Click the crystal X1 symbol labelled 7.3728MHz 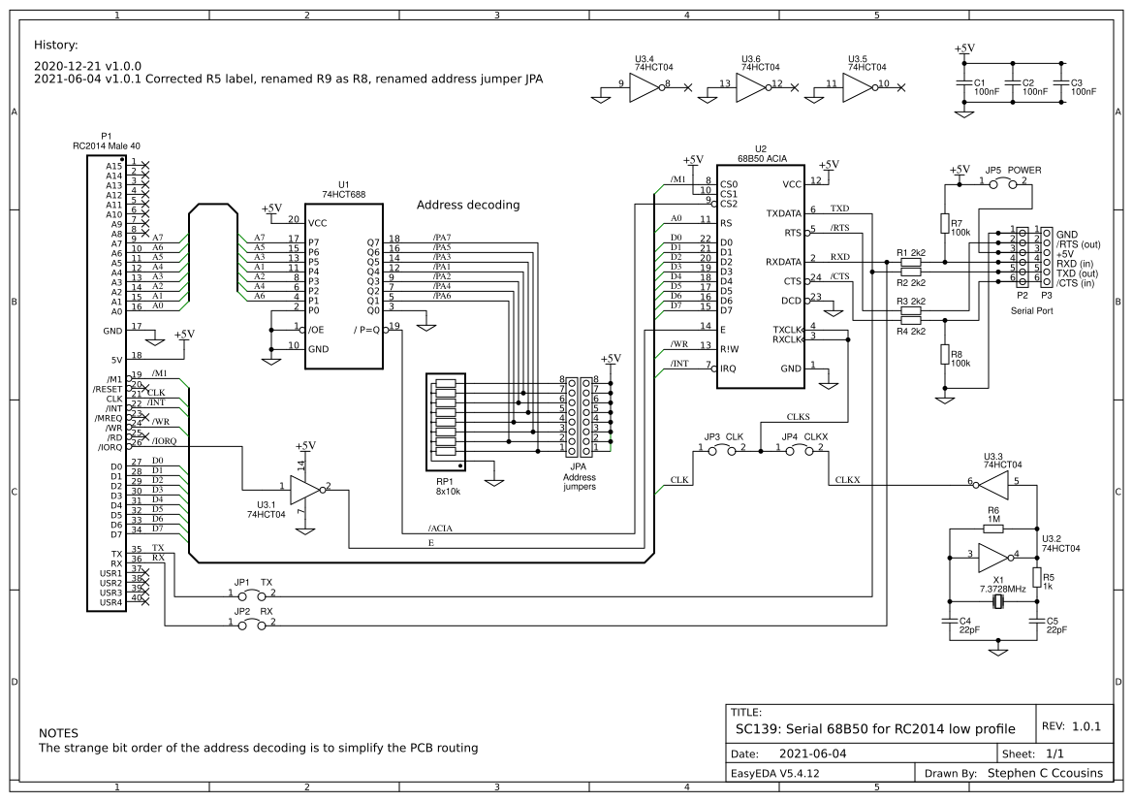tap(998, 602)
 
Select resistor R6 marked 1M tap(992, 529)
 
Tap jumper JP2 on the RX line tap(251, 625)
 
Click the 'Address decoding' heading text tap(468, 206)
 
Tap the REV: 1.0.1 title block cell tap(1071, 725)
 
